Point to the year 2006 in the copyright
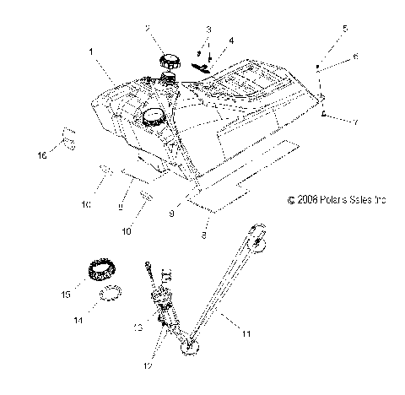point(304,224)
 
